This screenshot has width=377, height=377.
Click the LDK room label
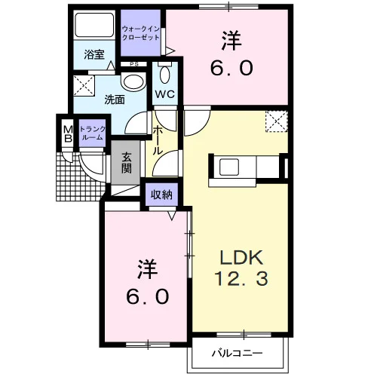241,258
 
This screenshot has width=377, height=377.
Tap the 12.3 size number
241,279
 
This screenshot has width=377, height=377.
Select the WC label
165,94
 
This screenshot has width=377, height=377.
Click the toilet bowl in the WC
165,75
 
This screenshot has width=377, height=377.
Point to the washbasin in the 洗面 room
133,81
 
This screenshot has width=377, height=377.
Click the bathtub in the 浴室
94,25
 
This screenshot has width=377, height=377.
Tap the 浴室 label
94,54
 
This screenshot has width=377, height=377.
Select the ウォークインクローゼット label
141,33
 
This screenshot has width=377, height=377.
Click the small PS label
134,64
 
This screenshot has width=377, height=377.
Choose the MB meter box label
68,134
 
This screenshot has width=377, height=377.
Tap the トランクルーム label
92,133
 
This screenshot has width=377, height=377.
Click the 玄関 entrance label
127,163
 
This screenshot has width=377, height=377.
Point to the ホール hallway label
158,139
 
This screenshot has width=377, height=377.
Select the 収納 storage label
162,195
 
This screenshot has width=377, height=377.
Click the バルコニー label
237,354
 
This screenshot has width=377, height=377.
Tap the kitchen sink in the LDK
228,167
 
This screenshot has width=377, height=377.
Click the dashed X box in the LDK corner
277,121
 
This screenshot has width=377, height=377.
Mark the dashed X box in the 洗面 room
84,86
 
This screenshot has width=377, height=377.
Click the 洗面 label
115,100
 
